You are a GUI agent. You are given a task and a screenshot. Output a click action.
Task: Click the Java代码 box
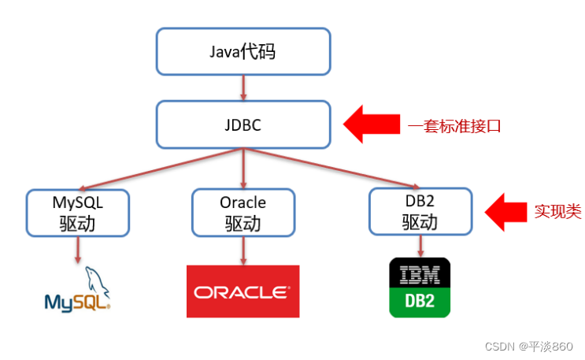(x=243, y=51)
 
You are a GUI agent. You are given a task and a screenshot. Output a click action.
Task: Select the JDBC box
(x=243, y=124)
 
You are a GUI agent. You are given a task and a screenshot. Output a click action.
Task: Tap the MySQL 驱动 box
(x=77, y=213)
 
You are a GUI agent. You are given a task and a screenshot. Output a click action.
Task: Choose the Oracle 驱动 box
(x=243, y=213)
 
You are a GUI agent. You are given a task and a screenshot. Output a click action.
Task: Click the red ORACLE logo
(x=243, y=291)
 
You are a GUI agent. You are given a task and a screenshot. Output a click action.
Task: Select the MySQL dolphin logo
(x=77, y=291)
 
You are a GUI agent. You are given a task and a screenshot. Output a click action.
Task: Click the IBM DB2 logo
(x=420, y=288)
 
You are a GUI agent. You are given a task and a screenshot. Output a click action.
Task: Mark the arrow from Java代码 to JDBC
(x=243, y=87)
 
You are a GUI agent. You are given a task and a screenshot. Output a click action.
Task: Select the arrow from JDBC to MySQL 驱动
(x=157, y=169)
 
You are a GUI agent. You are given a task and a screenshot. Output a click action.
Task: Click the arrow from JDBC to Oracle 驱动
(x=243, y=169)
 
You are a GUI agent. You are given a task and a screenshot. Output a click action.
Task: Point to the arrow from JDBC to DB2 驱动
(x=331, y=169)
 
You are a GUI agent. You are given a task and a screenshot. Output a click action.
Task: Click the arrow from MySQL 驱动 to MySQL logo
(x=78, y=250)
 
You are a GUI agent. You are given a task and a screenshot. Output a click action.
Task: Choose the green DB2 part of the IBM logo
(x=420, y=302)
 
